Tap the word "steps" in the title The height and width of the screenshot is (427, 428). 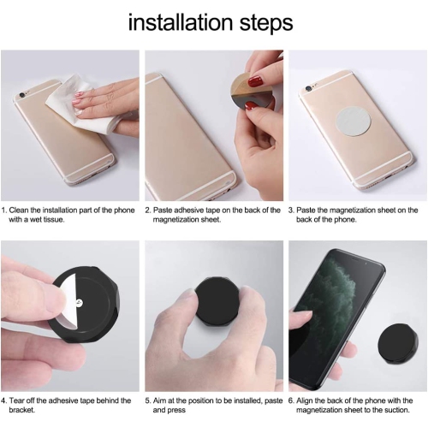pos(266,24)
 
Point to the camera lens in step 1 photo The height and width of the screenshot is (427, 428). pos(21,93)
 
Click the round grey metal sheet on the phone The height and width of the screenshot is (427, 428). pos(354,124)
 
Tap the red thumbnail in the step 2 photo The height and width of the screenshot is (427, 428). pos(256,81)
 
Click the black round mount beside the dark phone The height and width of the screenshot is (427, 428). pos(398,343)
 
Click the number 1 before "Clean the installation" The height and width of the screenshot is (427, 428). pos(3,211)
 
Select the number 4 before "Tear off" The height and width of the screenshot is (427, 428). pos(3,400)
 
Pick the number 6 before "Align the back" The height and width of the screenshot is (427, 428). pos(291,400)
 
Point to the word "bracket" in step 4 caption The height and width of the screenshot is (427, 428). pos(21,410)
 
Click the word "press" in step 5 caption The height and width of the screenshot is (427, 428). pos(177,411)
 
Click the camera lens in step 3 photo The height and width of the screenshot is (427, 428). pos(308,89)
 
